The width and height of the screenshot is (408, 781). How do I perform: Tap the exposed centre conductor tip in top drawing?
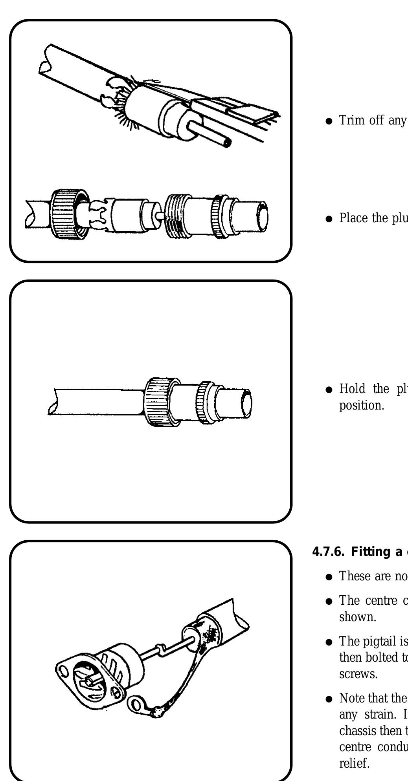tap(227, 144)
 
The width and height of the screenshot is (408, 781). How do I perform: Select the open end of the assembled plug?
tap(247, 402)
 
